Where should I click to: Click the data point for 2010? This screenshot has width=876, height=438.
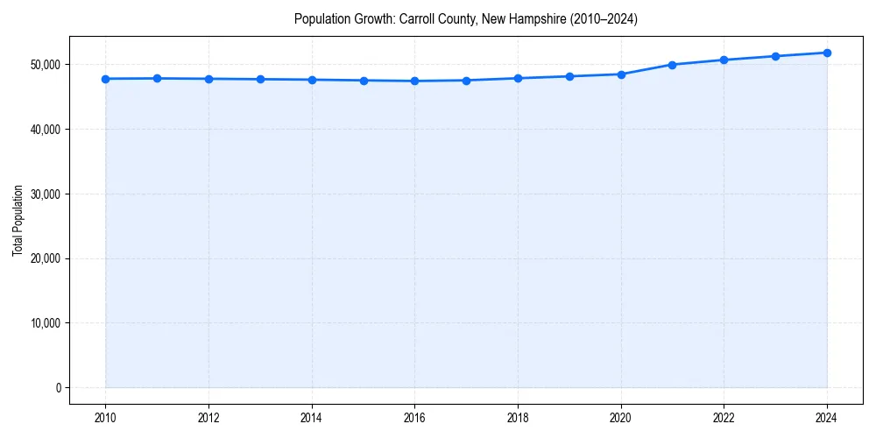[105, 79]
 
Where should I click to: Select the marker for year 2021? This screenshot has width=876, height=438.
[672, 65]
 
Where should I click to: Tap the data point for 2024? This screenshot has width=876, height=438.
[827, 53]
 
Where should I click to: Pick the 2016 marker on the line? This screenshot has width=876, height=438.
[414, 81]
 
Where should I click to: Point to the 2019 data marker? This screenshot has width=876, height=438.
[569, 76]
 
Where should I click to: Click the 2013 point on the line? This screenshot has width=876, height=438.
[260, 79]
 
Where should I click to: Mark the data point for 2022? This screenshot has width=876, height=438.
[724, 60]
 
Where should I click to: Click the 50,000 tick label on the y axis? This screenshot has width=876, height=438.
[44, 65]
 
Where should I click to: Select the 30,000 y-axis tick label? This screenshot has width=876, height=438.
[44, 194]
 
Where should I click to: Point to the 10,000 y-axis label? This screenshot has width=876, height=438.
[44, 323]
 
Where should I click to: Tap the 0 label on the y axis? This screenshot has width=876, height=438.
[58, 388]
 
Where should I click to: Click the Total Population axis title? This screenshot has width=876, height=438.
[18, 220]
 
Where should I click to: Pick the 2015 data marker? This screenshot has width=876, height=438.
[364, 81]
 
